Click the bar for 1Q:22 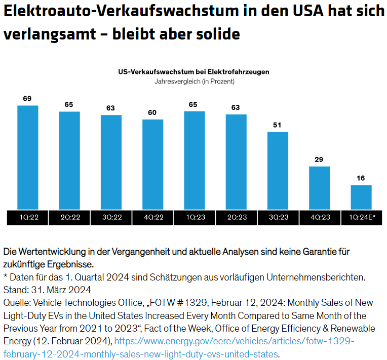(x=28, y=157)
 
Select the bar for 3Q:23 (x=278, y=171)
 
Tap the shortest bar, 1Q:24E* (x=361, y=197)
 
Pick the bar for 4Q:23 (x=319, y=188)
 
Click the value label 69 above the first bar (x=27, y=98)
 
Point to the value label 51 (x=278, y=125)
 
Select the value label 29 (x=319, y=159)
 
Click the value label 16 (x=361, y=178)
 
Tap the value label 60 (x=152, y=112)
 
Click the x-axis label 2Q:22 (x=69, y=218)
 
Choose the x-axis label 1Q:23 (x=195, y=218)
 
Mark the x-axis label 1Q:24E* (x=361, y=218)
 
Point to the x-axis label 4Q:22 (x=152, y=218)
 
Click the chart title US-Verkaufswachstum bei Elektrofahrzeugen (x=193, y=72)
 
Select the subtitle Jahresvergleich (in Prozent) (x=193, y=81)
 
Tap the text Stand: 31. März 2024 (x=47, y=290)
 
